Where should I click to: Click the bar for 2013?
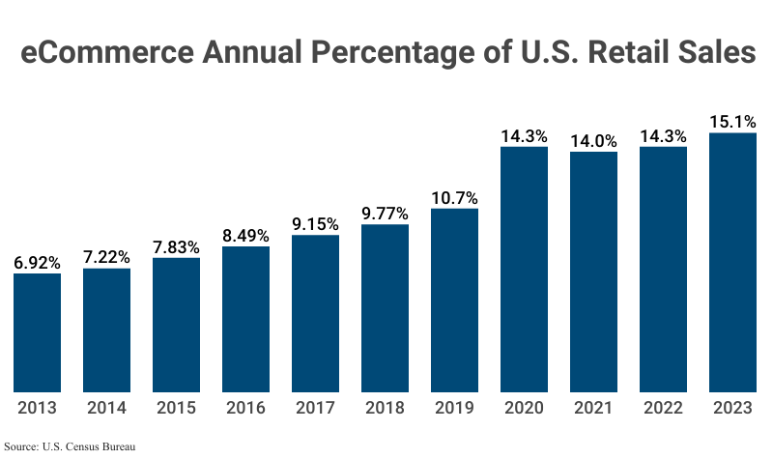[37, 333]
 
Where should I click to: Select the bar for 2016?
[245, 320]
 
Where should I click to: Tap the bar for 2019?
[454, 301]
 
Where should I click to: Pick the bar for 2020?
[524, 270]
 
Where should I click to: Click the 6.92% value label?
[37, 262]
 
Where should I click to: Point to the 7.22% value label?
[106, 257]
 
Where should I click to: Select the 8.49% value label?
[245, 235]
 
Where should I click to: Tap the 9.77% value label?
[385, 214]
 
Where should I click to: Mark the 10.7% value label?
[454, 197]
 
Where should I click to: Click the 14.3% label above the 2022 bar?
[663, 136]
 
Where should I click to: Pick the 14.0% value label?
[593, 141]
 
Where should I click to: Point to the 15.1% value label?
[732, 122]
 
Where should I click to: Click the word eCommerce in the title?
[102, 53]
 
